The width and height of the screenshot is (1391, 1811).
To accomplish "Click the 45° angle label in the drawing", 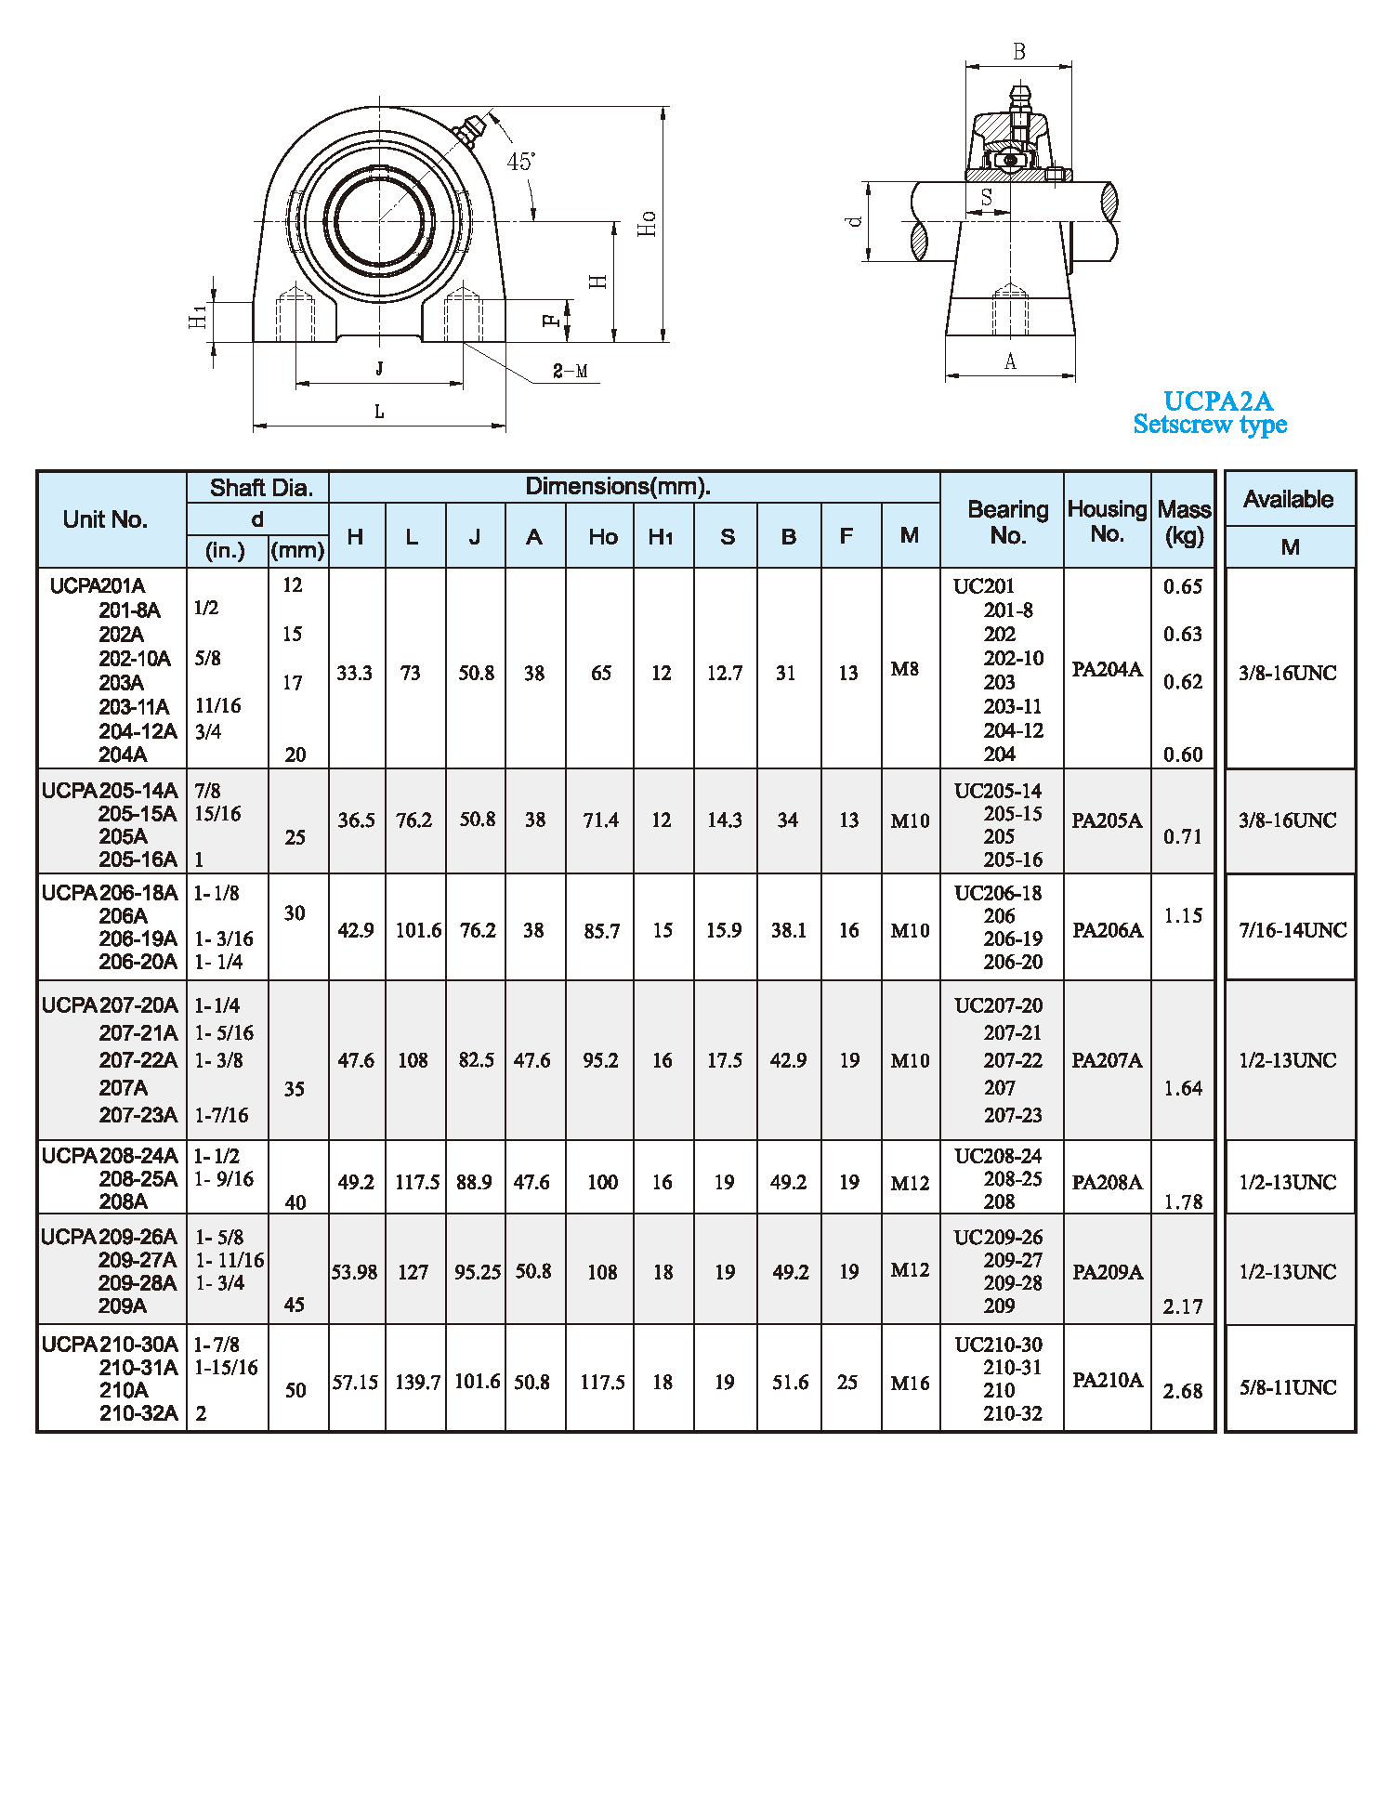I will (x=520, y=162).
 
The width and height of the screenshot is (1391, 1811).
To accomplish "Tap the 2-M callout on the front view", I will (x=570, y=372).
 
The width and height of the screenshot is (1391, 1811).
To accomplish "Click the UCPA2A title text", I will (x=1217, y=401).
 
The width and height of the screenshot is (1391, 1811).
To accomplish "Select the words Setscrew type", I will (x=1210, y=425).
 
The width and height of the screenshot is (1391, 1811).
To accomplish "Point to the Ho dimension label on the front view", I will (x=647, y=224).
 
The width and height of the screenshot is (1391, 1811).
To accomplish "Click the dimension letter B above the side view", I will (x=1018, y=53).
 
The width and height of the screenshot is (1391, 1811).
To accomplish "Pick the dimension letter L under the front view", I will (x=379, y=412).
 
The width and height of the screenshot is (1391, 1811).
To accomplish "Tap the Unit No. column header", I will (x=105, y=519).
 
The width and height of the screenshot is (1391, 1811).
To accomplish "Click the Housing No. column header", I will (x=1107, y=521).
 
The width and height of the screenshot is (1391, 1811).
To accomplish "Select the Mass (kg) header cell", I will (x=1184, y=522).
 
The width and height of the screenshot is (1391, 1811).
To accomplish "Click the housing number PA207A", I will (x=1107, y=1060).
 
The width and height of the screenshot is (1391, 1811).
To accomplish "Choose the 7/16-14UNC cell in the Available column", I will (x=1292, y=930).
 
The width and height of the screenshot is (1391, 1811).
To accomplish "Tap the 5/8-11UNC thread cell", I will (x=1288, y=1387).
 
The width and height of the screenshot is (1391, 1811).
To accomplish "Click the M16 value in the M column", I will (x=910, y=1384).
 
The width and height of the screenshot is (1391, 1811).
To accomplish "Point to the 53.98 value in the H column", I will (x=355, y=1272).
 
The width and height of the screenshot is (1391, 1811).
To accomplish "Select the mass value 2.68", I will (x=1183, y=1391).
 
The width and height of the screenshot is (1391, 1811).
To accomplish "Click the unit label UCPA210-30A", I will (x=110, y=1345).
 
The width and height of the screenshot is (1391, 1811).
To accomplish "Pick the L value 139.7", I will (x=417, y=1383).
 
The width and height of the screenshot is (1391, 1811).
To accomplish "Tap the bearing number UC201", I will (x=984, y=586).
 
